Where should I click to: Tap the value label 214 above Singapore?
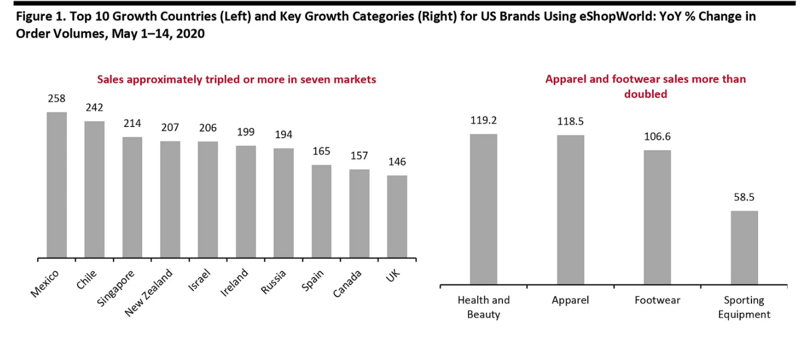(132, 123)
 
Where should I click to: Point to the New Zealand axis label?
(148, 293)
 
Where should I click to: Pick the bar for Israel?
(208, 200)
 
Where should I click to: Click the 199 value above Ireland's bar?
(246, 132)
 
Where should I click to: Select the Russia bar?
(283, 203)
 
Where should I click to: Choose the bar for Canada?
(359, 214)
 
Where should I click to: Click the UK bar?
(397, 217)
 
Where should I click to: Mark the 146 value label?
(397, 162)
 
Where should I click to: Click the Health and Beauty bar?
(483, 209)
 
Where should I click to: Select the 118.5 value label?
(570, 120)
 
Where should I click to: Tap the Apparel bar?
(570, 209)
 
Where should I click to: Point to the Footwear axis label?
(657, 300)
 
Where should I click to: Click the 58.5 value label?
(744, 197)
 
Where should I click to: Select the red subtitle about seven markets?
(237, 80)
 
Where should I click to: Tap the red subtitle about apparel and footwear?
(645, 86)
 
